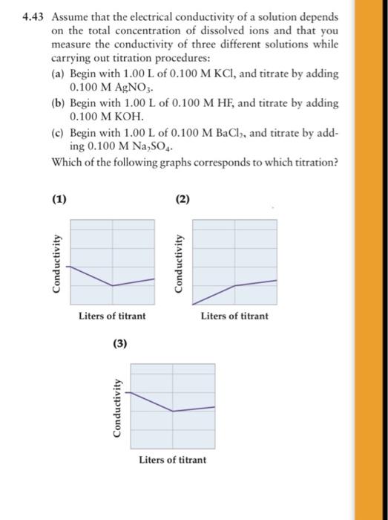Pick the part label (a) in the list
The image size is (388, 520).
coord(57,74)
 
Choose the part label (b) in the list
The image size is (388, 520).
coord(57,103)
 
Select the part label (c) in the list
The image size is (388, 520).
coord(57,132)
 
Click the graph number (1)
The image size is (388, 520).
coord(59,198)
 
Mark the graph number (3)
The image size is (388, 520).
coord(120,343)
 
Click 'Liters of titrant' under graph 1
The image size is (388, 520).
coord(112,316)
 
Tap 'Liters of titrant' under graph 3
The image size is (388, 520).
coord(173,460)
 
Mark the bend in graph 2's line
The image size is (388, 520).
coord(235,285)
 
